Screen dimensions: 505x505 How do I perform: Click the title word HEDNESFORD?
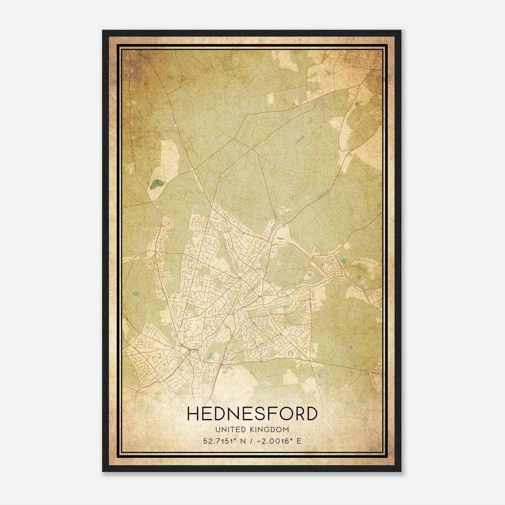point(252,413)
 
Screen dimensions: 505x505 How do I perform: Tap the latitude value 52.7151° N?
point(226,441)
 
